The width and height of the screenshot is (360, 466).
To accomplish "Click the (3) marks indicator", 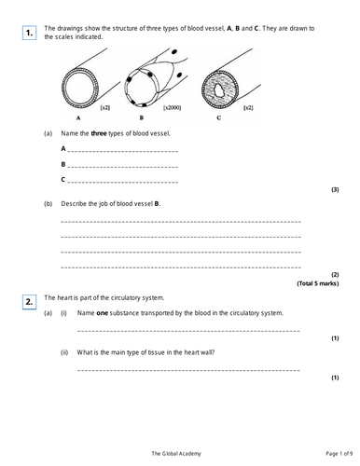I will [x=335, y=189].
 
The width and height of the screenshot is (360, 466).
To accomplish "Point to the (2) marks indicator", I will [x=335, y=274].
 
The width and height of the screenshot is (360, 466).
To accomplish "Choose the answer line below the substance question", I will [x=187, y=331].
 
